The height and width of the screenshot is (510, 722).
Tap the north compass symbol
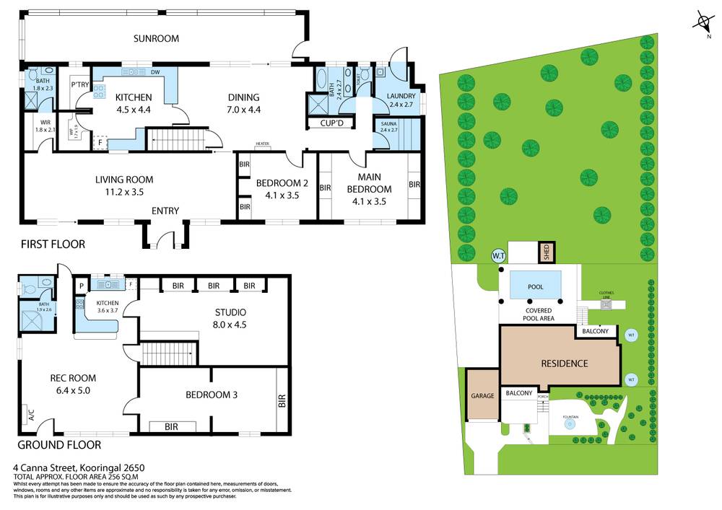point(702,22)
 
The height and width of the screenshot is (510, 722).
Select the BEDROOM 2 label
point(282,188)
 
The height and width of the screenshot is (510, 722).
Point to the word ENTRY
point(165,211)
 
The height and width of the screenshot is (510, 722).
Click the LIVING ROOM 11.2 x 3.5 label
point(124,185)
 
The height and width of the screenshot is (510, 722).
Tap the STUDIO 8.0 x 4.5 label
point(230,318)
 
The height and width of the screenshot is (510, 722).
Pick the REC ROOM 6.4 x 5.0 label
point(72,384)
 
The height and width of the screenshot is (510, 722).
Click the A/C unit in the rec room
point(31,416)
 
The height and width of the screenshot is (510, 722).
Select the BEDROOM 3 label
point(212,395)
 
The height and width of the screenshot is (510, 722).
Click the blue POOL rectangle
point(535,286)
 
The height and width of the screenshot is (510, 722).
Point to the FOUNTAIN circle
point(570,424)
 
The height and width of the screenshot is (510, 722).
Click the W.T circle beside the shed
point(498,255)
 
